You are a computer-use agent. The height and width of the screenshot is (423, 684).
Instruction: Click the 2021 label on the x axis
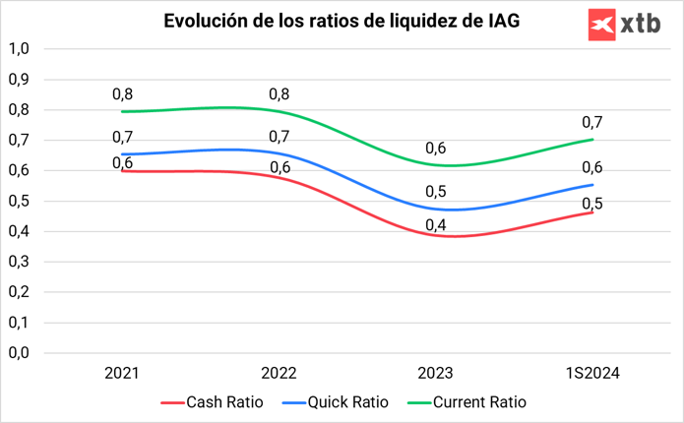[122, 375]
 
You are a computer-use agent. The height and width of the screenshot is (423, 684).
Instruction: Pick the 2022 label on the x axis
[280, 375]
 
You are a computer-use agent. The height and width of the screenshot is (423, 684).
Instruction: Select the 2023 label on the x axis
[436, 375]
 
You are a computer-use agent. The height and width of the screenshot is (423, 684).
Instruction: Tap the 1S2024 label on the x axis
[593, 375]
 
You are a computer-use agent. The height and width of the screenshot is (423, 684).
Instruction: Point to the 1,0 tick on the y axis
[20, 48]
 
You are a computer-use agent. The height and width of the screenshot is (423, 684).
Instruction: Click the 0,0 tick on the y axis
[20, 352]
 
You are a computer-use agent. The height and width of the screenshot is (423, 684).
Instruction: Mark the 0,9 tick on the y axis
[20, 79]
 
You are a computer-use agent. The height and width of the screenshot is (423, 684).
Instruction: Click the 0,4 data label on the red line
[436, 225]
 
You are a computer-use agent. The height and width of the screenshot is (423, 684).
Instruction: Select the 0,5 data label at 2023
[436, 191]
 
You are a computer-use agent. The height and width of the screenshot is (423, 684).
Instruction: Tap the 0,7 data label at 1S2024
[593, 122]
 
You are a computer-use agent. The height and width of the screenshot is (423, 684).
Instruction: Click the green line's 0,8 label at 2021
[122, 94]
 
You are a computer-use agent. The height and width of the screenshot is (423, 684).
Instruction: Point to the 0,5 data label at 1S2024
[593, 204]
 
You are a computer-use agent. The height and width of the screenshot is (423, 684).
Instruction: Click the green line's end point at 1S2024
[593, 140]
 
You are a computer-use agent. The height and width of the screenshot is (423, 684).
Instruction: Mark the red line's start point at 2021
[122, 170]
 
